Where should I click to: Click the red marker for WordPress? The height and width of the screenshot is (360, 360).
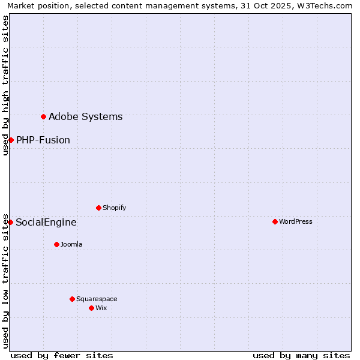[x=275, y=221]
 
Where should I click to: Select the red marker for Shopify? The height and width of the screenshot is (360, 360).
[x=98, y=208]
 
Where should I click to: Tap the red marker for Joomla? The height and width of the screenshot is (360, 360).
[x=56, y=244]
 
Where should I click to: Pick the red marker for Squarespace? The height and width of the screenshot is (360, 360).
[x=72, y=299]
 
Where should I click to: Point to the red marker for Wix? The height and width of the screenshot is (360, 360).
[x=91, y=308]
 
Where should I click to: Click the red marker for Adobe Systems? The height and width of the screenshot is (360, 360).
[x=43, y=116]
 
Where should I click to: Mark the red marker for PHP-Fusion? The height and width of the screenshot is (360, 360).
[x=11, y=140]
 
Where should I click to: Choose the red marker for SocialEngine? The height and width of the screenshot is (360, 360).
[x=10, y=222]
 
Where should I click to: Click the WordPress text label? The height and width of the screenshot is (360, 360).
[x=296, y=221]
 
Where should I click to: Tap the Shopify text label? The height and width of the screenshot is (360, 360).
[x=115, y=208]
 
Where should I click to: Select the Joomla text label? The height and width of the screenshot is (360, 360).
[x=71, y=244]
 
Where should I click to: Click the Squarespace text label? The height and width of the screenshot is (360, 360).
[x=97, y=299]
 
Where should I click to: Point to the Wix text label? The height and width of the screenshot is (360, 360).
[x=101, y=308]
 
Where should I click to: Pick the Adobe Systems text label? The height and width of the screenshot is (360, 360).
[x=85, y=116]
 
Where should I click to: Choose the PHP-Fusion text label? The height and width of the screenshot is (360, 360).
[x=43, y=140]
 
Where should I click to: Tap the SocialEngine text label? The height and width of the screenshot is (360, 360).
[x=46, y=222]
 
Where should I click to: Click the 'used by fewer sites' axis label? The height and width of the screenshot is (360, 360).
[x=62, y=355]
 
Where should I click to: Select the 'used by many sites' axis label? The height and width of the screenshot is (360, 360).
[x=301, y=355]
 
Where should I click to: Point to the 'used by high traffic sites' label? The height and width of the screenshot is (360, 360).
[x=5, y=85]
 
